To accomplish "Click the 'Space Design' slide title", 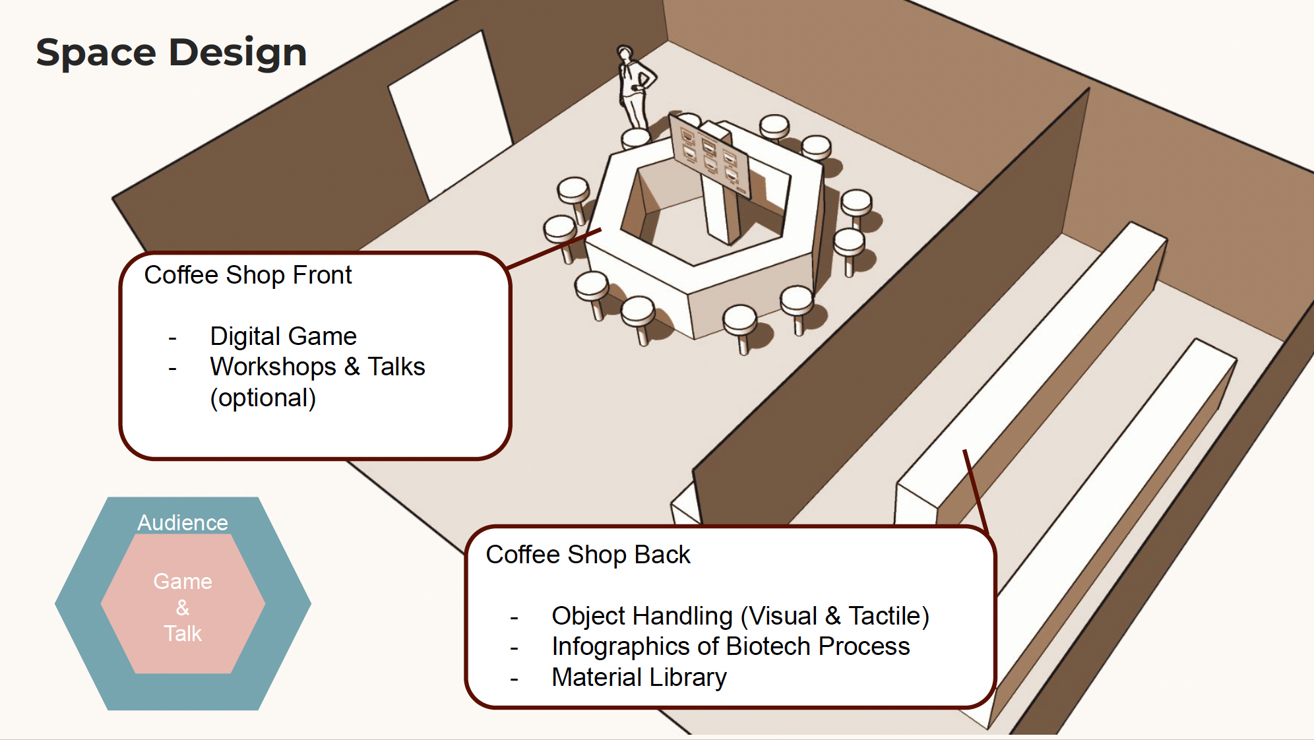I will coord(172,53).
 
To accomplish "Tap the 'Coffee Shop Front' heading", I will coord(248,275).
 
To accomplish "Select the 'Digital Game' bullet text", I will coord(283,336).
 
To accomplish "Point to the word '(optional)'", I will coord(263,398).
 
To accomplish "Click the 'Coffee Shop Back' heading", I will coord(588,555).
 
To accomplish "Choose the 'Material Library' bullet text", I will coord(639,677).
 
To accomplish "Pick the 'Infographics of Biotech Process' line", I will coord(730,646).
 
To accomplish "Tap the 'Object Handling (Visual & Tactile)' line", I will coord(740,616).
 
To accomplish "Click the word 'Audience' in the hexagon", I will coord(183,522).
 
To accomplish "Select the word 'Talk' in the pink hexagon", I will coord(183,633).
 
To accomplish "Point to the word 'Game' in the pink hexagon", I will coord(183,581).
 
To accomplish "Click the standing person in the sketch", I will coord(635,86).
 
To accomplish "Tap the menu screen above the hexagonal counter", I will coord(710,155).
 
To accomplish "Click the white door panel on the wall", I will coord(450,115).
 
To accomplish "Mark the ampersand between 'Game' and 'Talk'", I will coord(183,607).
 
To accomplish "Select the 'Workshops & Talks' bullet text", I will coord(317,367).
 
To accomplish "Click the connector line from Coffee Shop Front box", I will coord(555,249).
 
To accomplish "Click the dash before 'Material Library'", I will coord(514,679).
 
